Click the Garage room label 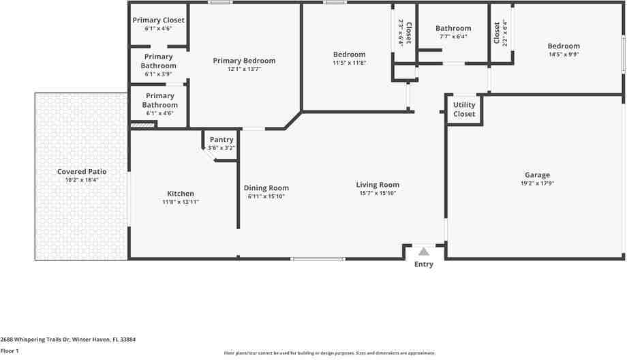[537, 175]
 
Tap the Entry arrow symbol [424, 252]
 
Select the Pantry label [221, 140]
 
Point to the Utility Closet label [464, 110]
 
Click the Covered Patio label [82, 172]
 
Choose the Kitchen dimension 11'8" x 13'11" [181, 202]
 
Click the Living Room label [378, 185]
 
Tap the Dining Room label [266, 188]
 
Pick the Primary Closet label [158, 20]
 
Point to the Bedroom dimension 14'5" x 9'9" [564, 55]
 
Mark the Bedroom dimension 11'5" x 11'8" [349, 63]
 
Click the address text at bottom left [68, 339]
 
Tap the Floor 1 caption [10, 350]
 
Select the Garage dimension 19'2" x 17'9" [537, 183]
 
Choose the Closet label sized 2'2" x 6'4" [497, 32]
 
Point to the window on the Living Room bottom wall [318, 258]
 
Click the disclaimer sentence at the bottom [329, 353]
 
